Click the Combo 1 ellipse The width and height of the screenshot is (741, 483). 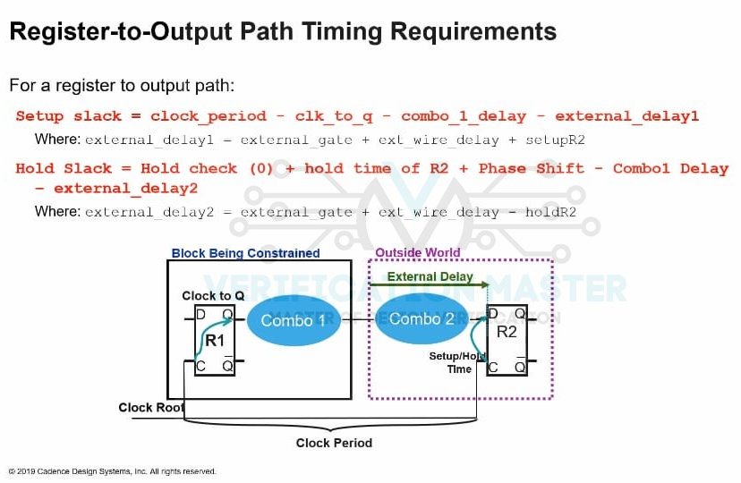(287, 320)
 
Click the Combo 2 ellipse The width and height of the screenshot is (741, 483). (414, 319)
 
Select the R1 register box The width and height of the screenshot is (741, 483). (215, 340)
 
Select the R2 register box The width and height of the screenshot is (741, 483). (507, 340)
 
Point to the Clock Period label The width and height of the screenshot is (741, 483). (334, 443)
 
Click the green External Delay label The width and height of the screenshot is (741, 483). (430, 276)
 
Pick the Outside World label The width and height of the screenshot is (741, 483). (417, 253)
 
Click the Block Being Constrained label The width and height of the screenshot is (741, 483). (245, 253)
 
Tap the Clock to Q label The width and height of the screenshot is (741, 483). (213, 296)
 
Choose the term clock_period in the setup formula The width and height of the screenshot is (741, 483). (209, 116)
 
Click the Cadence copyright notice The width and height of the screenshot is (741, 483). (113, 471)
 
